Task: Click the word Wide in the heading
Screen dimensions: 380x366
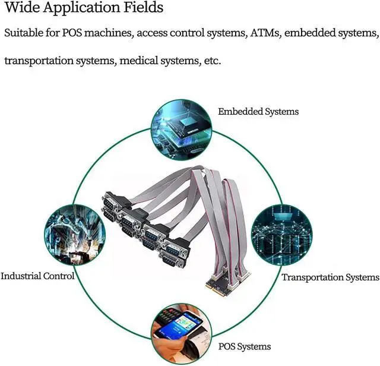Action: click(x=22, y=7)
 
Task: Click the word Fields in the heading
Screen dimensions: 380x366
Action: click(x=144, y=7)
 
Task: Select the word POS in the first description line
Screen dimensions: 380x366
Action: click(x=72, y=33)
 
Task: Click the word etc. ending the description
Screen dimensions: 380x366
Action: click(x=213, y=61)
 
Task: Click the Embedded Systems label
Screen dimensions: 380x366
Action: click(x=258, y=112)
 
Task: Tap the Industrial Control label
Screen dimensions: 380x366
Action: click(x=37, y=276)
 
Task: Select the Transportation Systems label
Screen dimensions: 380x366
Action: click(x=330, y=277)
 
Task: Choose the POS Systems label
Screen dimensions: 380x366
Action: click(x=245, y=346)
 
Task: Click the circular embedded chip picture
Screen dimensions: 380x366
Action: click(x=182, y=130)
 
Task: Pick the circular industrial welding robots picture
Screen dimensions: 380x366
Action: click(x=75, y=235)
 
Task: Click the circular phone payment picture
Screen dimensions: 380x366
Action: click(x=182, y=335)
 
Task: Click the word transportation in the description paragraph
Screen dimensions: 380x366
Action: click(x=39, y=61)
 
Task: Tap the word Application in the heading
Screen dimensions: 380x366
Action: click(x=82, y=8)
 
